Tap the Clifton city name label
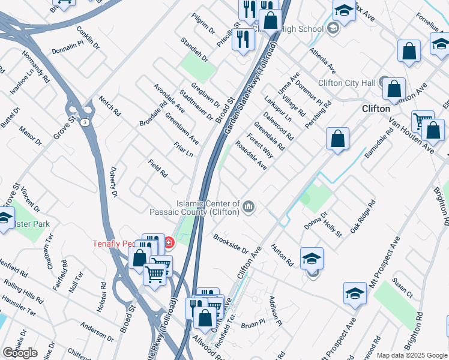pos(376,109)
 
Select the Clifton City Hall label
pos(347,83)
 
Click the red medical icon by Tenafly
pos(169,242)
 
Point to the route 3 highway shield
pos(86,122)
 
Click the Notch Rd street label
pos(110,106)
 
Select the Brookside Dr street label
pos(231,244)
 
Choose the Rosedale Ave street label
pos(251,155)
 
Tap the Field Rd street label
pos(158,169)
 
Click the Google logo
pos(20,353)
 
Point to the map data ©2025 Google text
pos(412,355)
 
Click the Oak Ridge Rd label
pos(363,217)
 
